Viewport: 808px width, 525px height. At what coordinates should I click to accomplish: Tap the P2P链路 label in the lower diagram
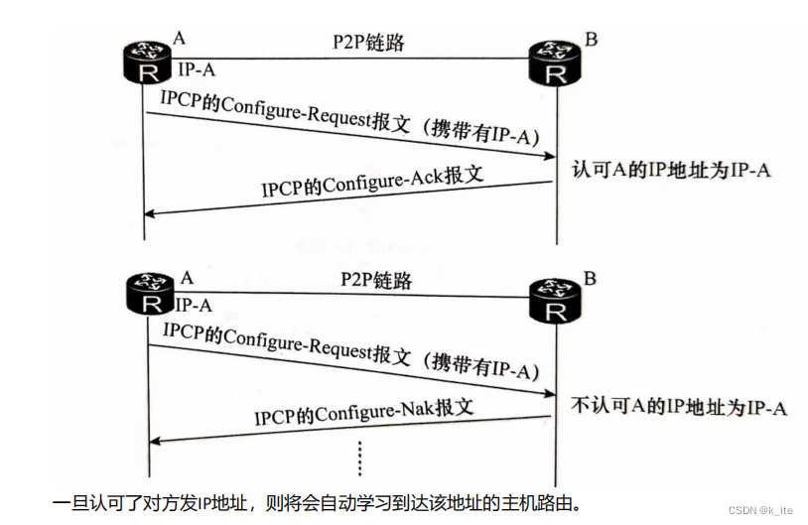click(369, 280)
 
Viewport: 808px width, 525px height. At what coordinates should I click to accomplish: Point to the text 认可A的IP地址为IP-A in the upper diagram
click(672, 169)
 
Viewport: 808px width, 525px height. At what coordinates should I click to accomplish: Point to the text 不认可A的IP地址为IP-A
click(680, 407)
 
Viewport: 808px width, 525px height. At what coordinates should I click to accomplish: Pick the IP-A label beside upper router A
click(196, 70)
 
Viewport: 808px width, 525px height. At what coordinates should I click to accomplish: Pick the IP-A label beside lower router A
click(195, 305)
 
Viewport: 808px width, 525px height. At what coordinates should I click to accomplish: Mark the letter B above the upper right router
click(592, 40)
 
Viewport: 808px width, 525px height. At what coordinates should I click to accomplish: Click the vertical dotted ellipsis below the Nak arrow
click(359, 457)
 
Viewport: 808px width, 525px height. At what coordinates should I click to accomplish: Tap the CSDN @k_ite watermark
click(760, 509)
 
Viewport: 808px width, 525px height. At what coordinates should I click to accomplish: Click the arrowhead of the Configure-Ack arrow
click(151, 211)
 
